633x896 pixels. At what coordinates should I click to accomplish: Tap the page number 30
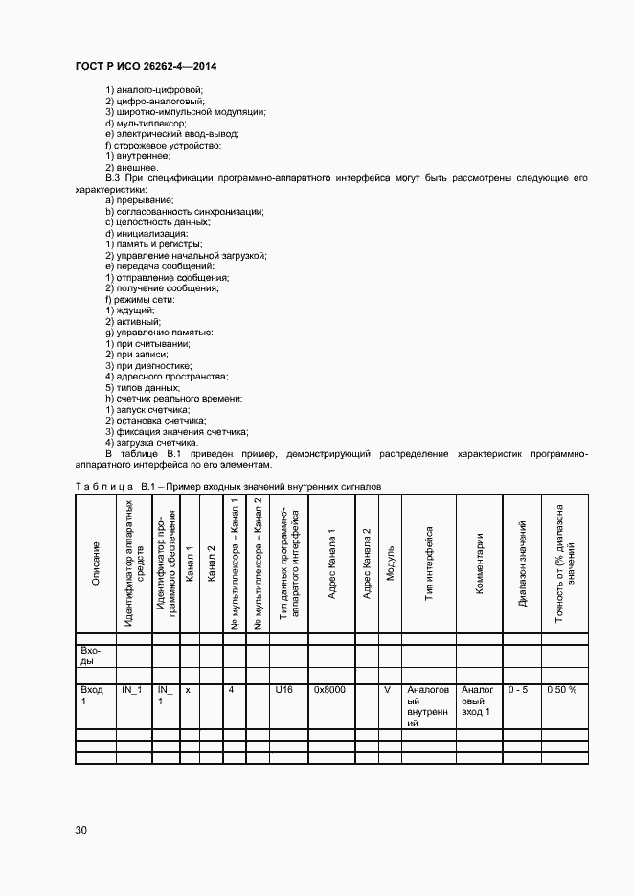pyautogui.click(x=81, y=830)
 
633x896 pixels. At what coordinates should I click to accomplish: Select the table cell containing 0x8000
pyautogui.click(x=329, y=689)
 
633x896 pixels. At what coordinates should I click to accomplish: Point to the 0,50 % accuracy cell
pyautogui.click(x=561, y=689)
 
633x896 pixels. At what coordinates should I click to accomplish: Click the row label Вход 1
pyautogui.click(x=93, y=695)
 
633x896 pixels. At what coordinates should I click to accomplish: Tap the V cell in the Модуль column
pyautogui.click(x=388, y=689)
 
